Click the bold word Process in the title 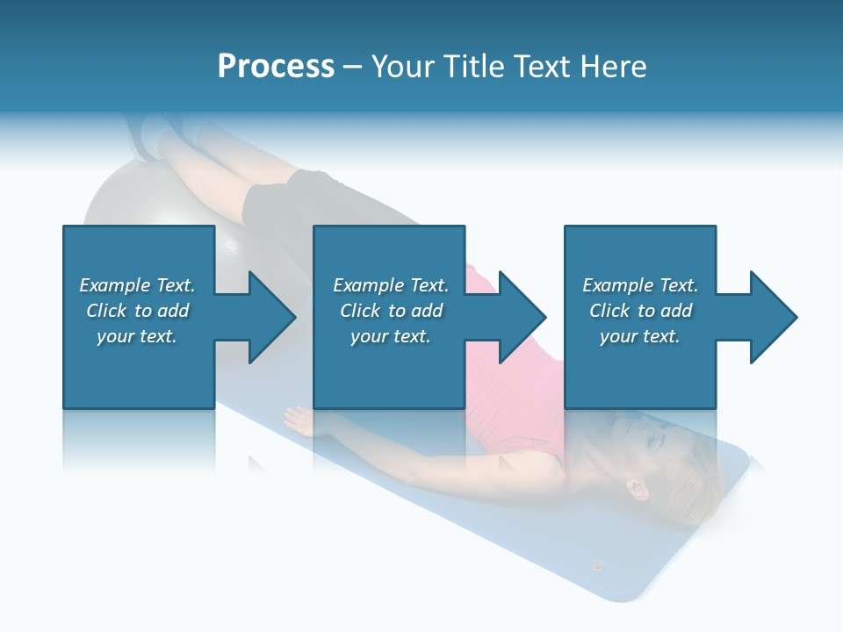pyautogui.click(x=276, y=67)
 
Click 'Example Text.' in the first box pyautogui.click(x=137, y=285)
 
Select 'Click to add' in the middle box pyautogui.click(x=392, y=311)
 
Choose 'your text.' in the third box pyautogui.click(x=639, y=336)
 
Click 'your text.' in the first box pyautogui.click(x=137, y=336)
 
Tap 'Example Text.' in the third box pyautogui.click(x=640, y=285)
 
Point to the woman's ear pyautogui.click(x=636, y=485)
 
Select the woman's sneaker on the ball pyautogui.click(x=149, y=136)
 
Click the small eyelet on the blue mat pyautogui.click(x=598, y=564)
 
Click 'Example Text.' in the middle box pyautogui.click(x=391, y=285)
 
